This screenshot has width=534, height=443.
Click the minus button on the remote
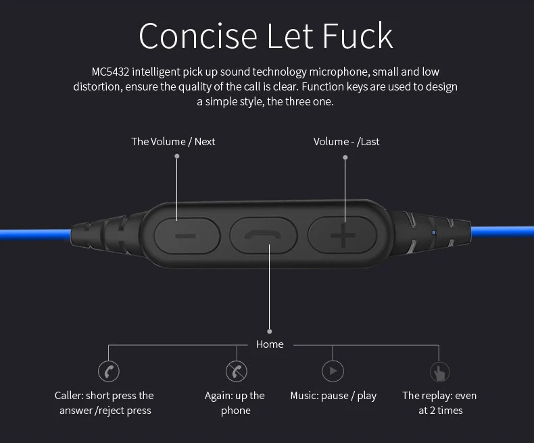[187, 236]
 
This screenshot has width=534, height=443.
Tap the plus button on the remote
[342, 236]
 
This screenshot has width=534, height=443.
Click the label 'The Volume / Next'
[173, 141]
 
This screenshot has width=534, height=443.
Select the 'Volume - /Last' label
[346, 141]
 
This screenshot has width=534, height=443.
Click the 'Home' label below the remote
[270, 344]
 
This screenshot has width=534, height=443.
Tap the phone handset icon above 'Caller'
[108, 371]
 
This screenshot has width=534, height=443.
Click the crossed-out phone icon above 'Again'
[236, 371]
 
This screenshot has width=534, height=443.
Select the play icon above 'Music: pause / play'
[333, 371]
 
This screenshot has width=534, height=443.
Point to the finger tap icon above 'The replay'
[439, 371]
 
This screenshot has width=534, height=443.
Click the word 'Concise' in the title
[198, 36]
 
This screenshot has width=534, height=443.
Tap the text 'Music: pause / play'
[333, 396]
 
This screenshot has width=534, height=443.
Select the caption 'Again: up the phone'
[235, 403]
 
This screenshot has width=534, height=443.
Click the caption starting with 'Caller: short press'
[105, 403]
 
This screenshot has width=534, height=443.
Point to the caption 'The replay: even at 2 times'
[439, 403]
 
